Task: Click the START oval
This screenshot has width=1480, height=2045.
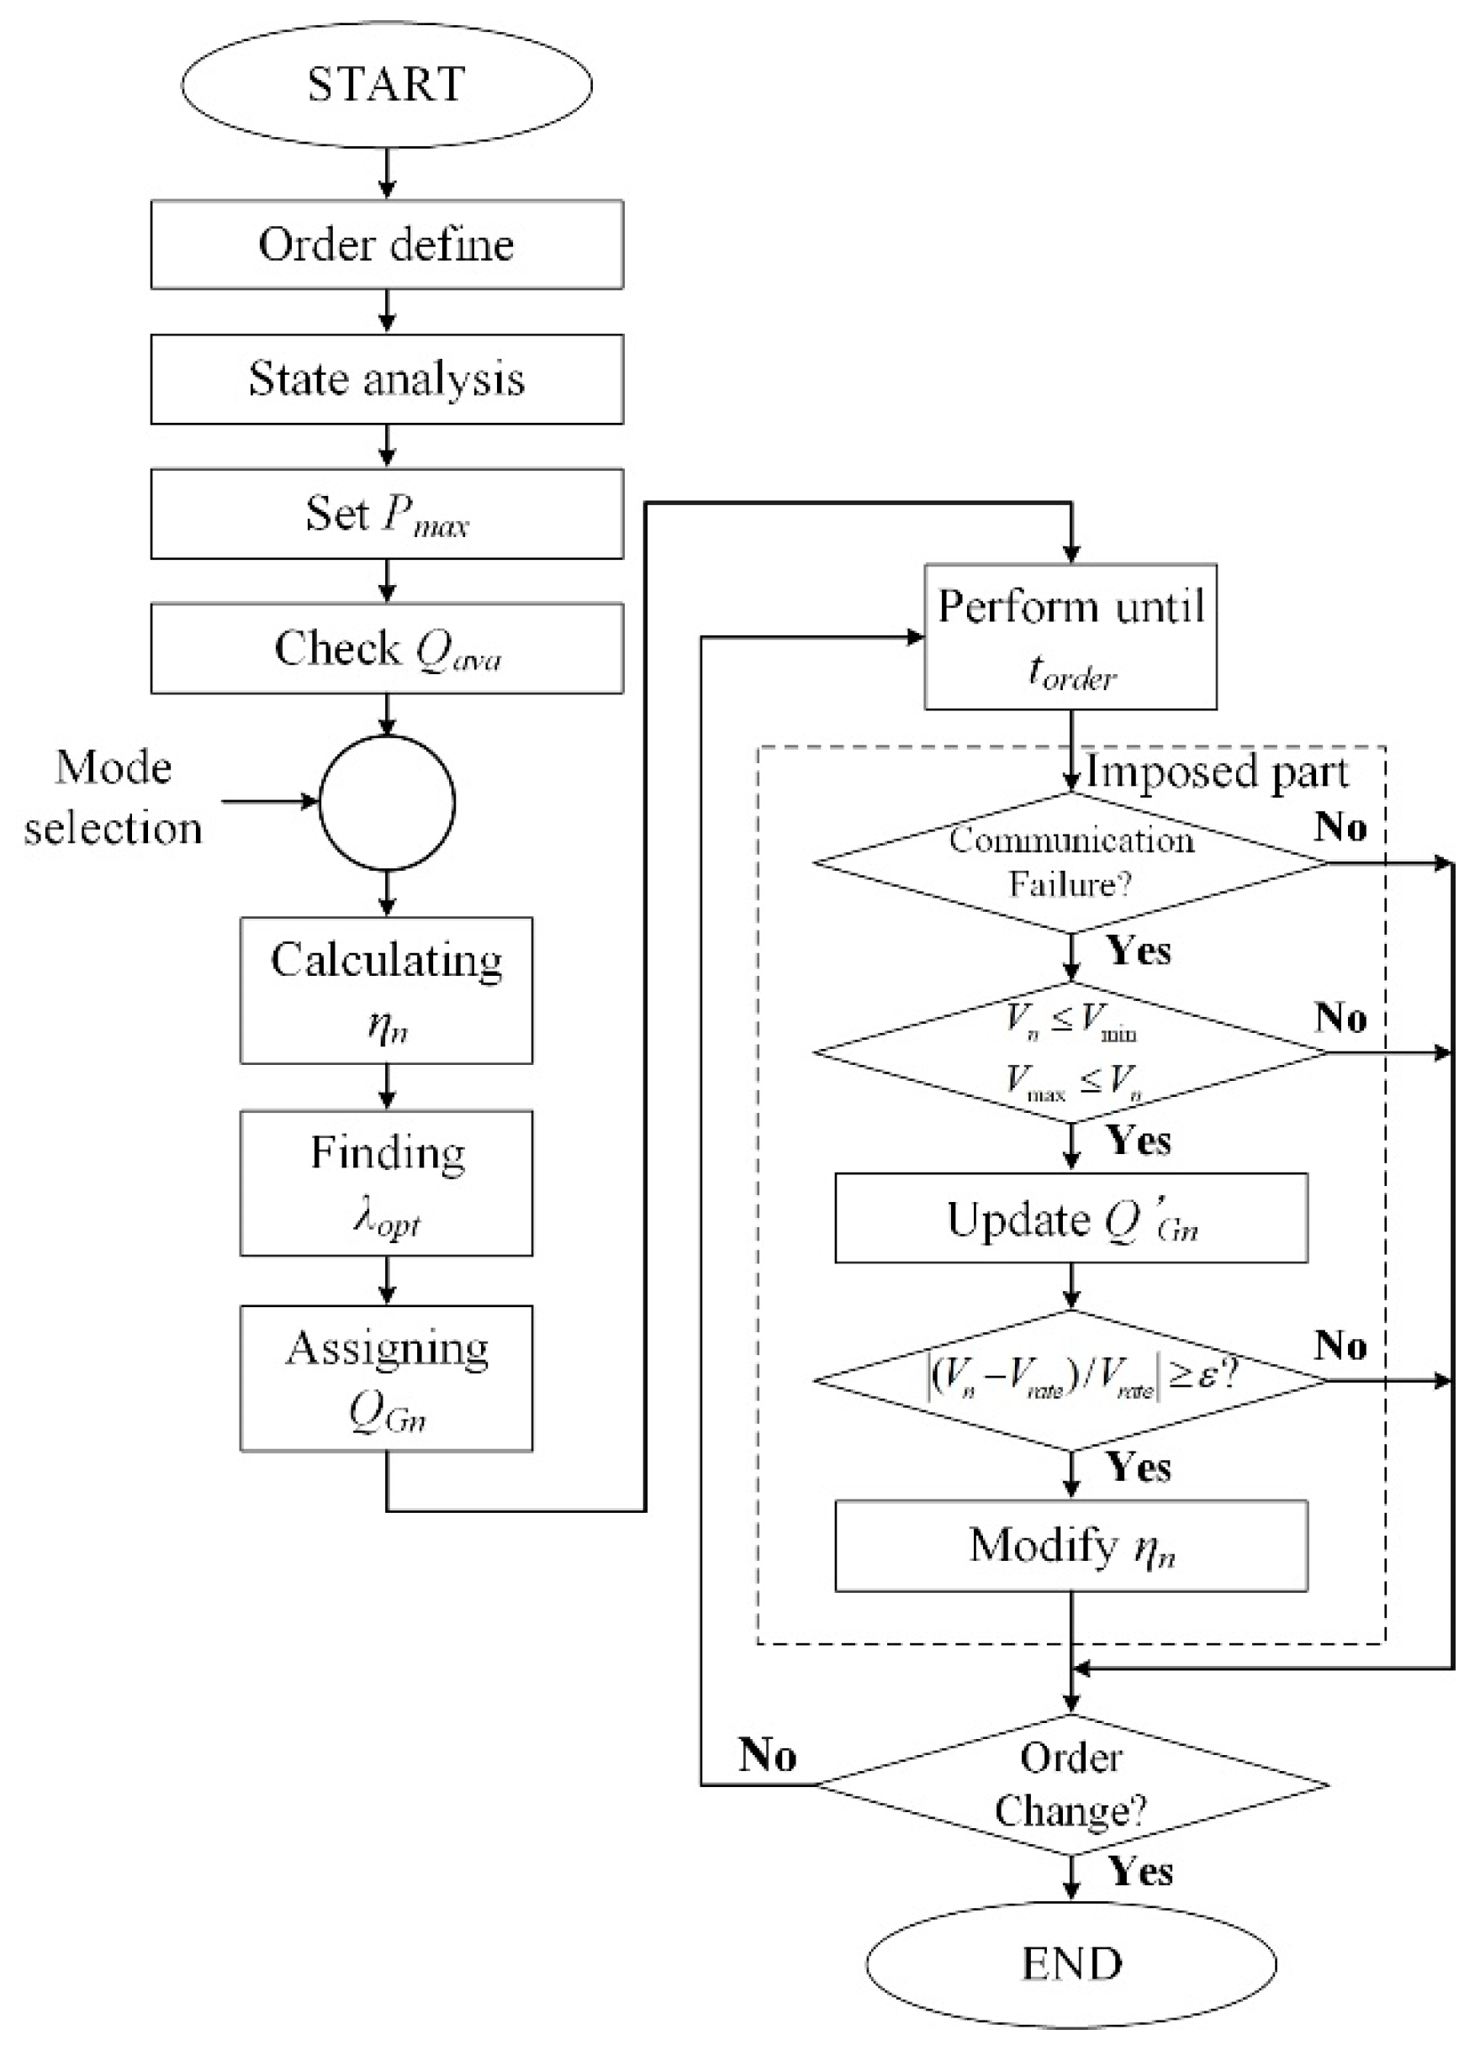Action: point(386,84)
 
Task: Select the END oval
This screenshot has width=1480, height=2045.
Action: point(1070,1963)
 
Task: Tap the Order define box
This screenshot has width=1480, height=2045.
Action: point(386,245)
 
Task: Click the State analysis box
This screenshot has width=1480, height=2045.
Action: point(386,379)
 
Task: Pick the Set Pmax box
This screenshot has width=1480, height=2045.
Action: point(386,514)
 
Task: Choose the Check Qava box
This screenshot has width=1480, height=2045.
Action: point(386,648)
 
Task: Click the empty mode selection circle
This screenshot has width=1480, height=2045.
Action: point(386,803)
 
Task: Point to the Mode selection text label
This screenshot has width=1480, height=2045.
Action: point(113,798)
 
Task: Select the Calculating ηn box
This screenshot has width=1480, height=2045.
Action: point(386,990)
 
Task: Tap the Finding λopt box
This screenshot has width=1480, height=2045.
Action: point(386,1183)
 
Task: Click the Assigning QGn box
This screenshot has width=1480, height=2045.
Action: point(386,1378)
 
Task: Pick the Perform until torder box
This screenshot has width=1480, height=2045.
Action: point(1070,636)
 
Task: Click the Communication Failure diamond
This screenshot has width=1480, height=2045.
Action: point(1070,863)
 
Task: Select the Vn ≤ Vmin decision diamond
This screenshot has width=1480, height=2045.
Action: point(1070,1052)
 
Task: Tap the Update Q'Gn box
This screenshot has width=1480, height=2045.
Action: point(1070,1218)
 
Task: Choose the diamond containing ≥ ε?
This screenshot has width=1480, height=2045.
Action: point(1070,1380)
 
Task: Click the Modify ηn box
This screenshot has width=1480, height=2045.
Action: point(1070,1546)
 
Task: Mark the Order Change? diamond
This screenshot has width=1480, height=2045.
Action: point(1070,1784)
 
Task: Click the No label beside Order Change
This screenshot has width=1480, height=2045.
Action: point(768,1755)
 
